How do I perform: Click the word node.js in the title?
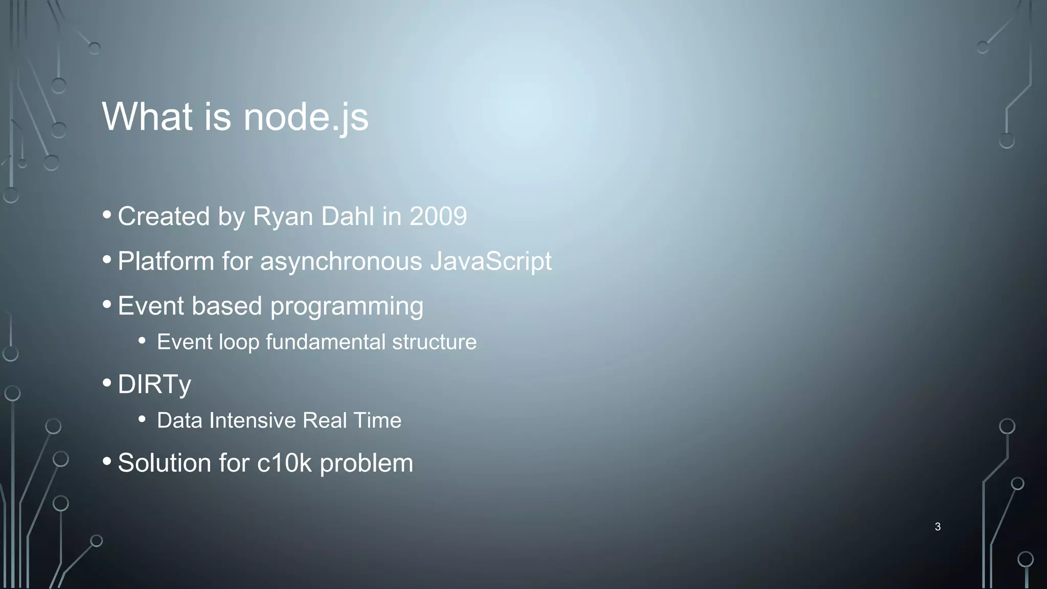(306, 117)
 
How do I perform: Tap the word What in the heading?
(147, 117)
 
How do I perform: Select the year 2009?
(438, 216)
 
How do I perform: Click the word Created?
(164, 216)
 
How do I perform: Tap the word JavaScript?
(491, 262)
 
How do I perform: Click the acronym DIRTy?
(154, 384)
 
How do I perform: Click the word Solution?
(164, 463)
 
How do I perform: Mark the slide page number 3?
(938, 527)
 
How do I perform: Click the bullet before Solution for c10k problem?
(107, 461)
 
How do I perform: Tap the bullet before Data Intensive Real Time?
(142, 419)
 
